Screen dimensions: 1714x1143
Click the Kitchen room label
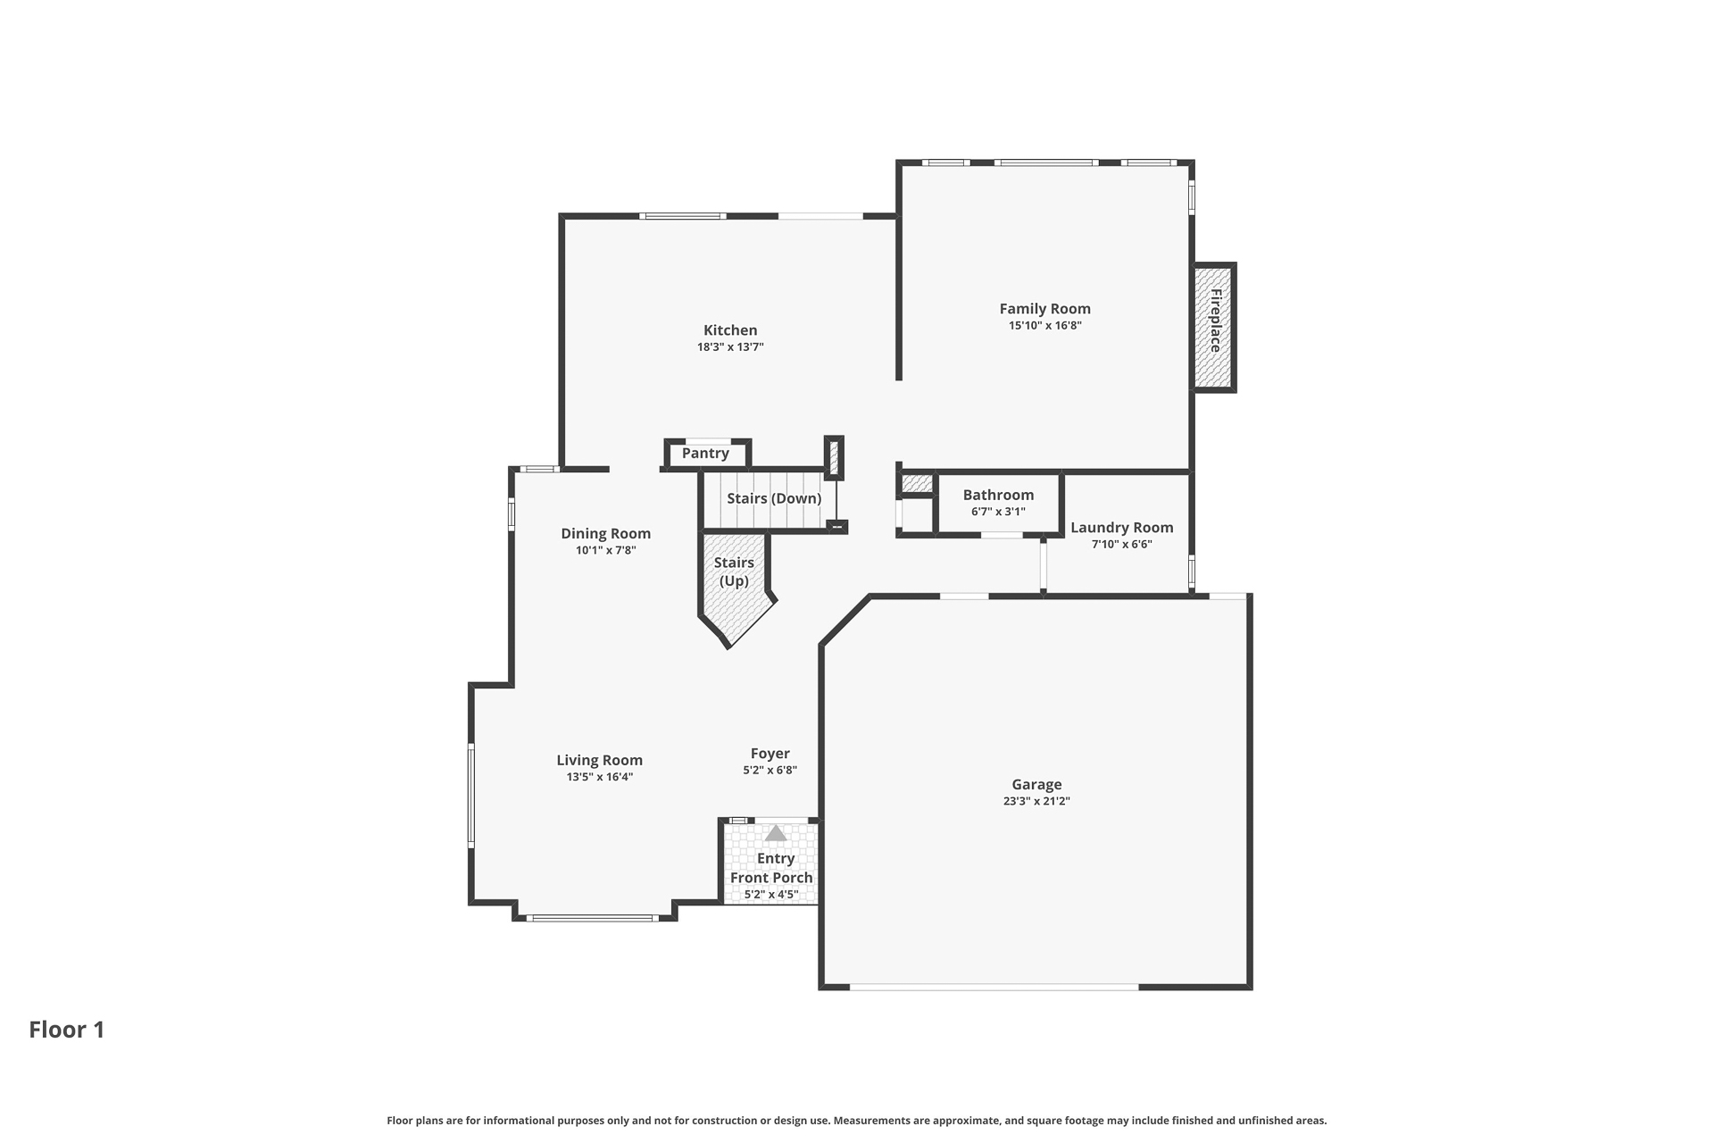pos(730,330)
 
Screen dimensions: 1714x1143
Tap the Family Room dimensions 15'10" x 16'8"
pos(1045,326)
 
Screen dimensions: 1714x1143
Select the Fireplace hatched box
pos(1215,327)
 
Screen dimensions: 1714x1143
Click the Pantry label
pos(705,454)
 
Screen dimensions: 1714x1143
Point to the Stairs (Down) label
pos(774,498)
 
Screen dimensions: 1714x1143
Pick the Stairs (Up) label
pos(734,571)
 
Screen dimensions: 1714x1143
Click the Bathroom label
pos(998,495)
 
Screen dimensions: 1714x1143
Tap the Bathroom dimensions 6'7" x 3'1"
pos(998,513)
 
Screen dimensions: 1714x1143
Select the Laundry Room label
pos(1122,528)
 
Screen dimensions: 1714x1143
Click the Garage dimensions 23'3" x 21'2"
pos(1036,802)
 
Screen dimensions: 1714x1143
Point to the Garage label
pos(1036,785)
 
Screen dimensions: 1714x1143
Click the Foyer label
pos(770,754)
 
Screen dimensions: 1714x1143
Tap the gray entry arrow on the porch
pos(776,833)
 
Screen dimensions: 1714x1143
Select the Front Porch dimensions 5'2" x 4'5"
pos(771,895)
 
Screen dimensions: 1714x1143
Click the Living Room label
pos(600,761)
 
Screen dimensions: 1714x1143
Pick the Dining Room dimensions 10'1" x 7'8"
pos(606,551)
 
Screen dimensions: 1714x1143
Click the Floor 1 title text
pos(67,1030)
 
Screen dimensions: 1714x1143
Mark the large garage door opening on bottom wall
pos(994,987)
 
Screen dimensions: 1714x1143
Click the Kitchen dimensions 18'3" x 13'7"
pos(730,347)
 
